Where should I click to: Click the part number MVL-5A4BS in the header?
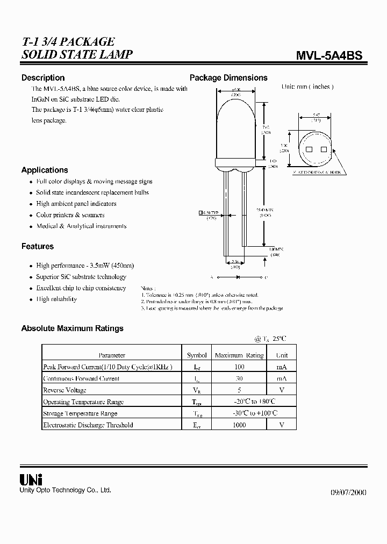point(329,55)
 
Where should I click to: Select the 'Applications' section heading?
point(45,170)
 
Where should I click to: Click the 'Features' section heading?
point(38,246)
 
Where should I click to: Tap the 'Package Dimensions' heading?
point(228,77)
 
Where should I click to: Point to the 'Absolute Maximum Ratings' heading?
point(72,328)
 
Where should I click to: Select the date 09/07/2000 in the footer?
point(347,492)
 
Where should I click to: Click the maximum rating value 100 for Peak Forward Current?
point(239,367)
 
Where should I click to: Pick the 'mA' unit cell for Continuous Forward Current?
point(282,378)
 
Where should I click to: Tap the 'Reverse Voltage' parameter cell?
point(64,390)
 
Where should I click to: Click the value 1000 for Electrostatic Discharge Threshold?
point(239,425)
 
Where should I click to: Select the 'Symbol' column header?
point(197,355)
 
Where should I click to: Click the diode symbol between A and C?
point(237,278)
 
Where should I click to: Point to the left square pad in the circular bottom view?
point(309,149)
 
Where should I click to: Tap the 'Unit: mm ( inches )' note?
point(307,87)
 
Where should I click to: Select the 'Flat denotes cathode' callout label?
point(317,173)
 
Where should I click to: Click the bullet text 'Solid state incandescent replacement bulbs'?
point(92,192)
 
